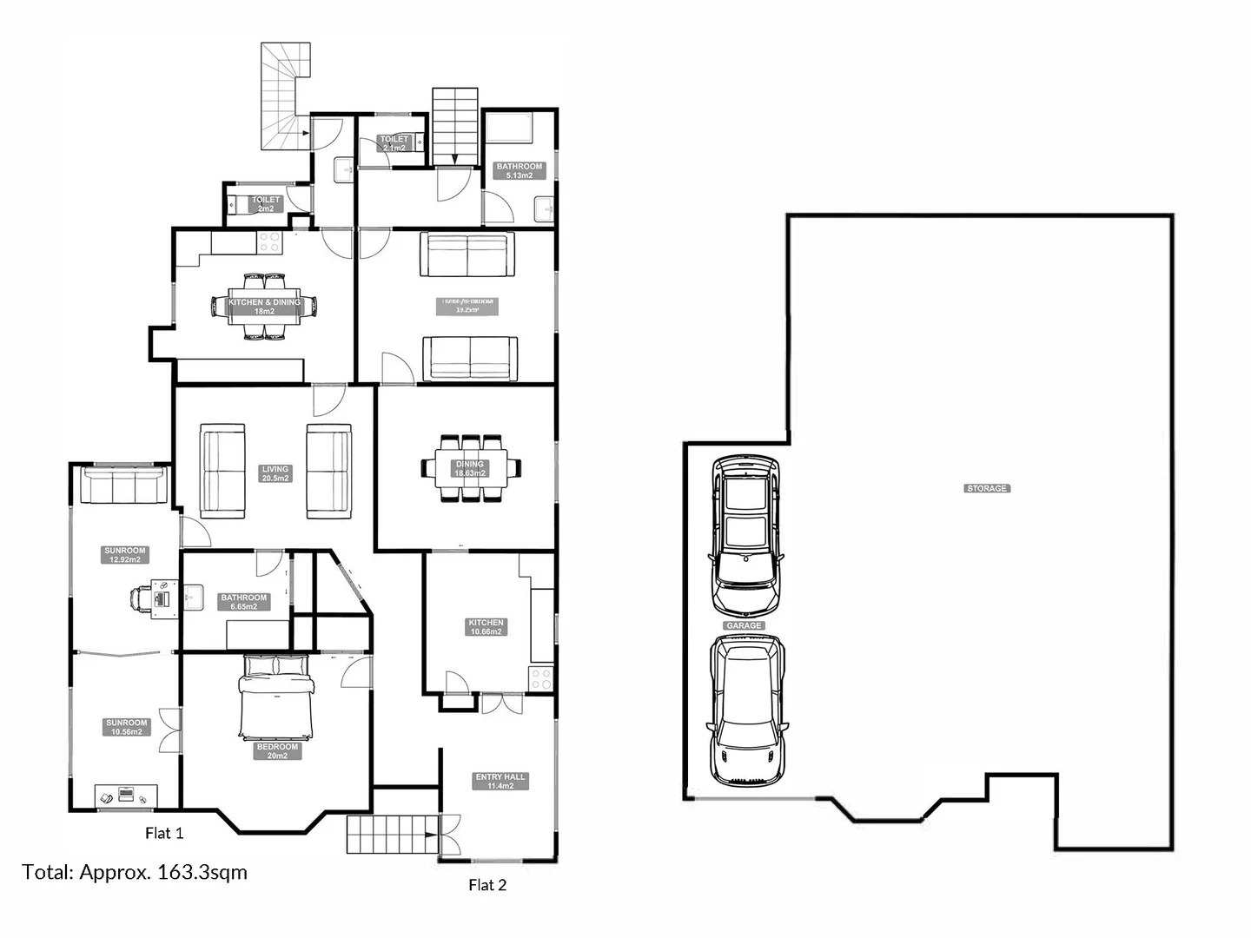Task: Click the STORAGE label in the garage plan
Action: (987, 489)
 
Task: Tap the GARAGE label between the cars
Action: (744, 625)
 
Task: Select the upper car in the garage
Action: (745, 535)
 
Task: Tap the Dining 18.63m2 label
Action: (469, 469)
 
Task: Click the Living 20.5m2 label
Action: (275, 473)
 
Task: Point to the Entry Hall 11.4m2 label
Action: (500, 782)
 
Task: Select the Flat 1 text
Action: (164, 834)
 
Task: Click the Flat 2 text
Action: (487, 886)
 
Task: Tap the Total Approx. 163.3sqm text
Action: (135, 872)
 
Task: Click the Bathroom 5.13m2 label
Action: (519, 171)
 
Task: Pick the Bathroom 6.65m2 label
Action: (244, 602)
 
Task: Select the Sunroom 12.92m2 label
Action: (125, 555)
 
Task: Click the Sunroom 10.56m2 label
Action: (127, 727)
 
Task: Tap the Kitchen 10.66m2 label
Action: (486, 627)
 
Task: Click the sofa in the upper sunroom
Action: (123, 486)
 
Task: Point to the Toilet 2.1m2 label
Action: (394, 143)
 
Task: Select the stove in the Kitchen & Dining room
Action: (269, 242)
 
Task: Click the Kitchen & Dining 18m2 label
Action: (264, 307)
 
